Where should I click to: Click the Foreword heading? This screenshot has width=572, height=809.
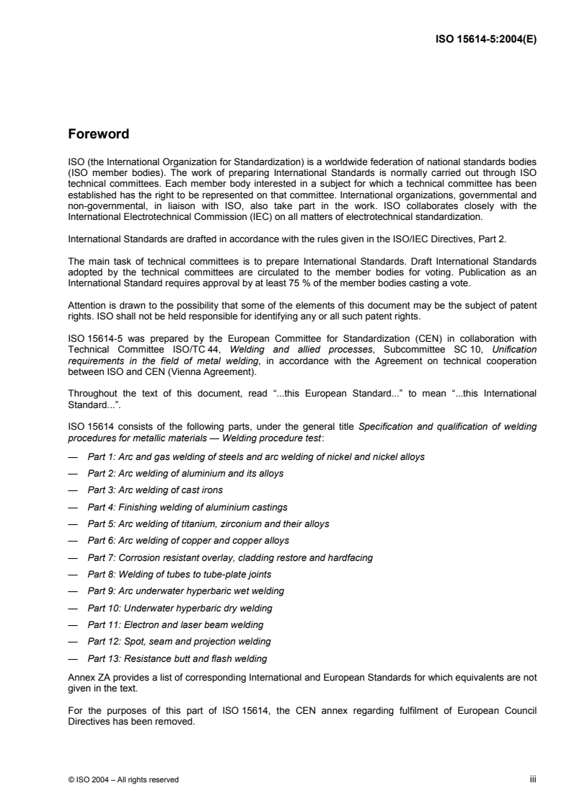point(98,133)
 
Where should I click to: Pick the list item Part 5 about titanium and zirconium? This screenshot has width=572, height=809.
point(208,524)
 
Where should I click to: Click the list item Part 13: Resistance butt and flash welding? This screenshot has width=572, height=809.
point(177,658)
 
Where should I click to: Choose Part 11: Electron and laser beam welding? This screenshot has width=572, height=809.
point(175,624)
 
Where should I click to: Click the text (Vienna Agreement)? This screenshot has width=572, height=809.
point(195,373)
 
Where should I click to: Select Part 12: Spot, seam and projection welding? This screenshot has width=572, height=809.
point(179,641)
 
